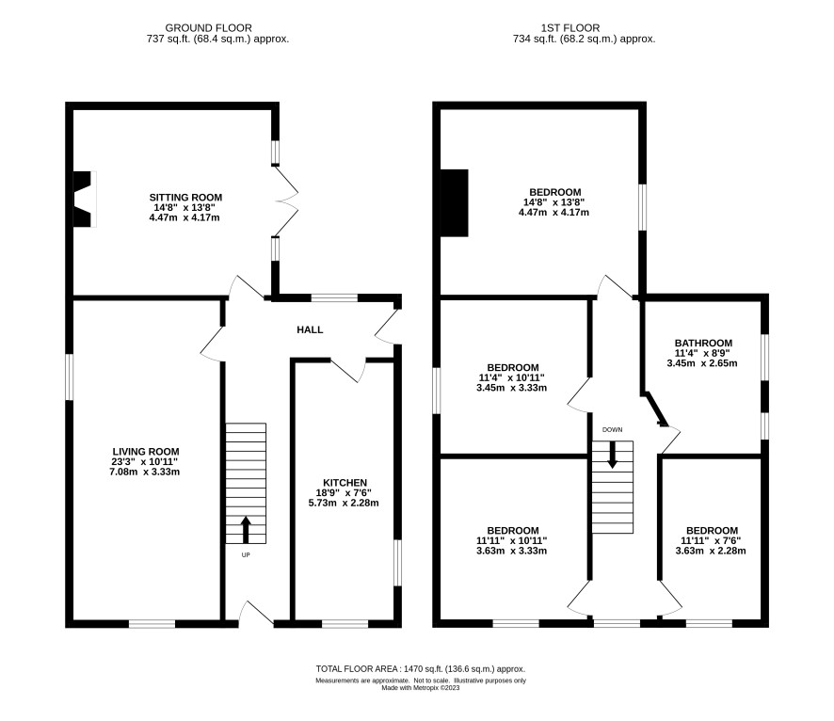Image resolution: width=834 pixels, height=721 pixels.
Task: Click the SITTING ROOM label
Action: [185, 198]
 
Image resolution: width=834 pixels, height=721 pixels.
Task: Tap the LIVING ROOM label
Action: [146, 452]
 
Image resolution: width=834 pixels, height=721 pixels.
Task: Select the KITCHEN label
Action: [345, 483]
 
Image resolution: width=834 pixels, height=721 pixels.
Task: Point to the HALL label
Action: [310, 329]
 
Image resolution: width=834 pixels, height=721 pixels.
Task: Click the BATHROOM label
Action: [703, 343]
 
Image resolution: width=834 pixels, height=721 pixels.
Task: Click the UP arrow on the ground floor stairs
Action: [246, 530]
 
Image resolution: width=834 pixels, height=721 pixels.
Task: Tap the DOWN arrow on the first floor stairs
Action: [612, 455]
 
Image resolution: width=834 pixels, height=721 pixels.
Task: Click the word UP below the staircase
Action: [246, 555]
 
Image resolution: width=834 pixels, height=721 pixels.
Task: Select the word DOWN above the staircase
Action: [612, 429]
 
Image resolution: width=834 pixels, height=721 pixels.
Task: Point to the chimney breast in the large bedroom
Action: [455, 202]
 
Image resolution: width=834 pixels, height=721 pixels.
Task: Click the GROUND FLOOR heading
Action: [209, 27]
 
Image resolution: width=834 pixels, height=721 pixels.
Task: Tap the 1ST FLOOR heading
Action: [570, 27]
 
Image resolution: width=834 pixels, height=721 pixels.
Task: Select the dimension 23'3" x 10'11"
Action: [145, 462]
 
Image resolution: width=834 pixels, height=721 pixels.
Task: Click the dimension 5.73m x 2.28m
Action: [344, 503]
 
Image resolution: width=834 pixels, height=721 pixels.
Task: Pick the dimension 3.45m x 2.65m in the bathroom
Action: [702, 363]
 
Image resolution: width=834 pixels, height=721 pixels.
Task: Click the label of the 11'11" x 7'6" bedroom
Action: [712, 531]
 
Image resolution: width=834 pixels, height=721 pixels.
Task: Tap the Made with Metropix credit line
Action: [420, 687]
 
